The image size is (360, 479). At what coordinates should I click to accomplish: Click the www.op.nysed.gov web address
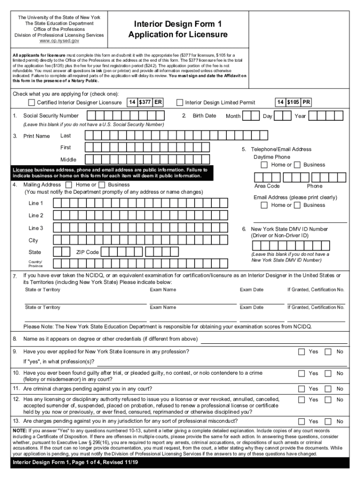59,41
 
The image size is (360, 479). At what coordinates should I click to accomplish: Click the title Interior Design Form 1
178,24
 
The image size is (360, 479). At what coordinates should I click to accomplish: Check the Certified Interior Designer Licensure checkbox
31,102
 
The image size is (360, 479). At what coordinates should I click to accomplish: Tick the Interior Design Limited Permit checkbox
180,102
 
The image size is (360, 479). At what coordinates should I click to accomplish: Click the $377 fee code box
145,102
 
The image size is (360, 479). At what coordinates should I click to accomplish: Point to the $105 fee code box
293,102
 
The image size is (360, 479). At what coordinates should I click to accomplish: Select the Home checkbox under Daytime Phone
265,165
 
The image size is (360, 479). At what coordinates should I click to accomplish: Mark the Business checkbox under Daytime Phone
297,165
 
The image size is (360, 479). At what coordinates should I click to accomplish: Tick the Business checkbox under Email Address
297,205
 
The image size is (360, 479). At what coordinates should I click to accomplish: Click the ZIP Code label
87,252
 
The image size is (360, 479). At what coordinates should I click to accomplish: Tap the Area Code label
267,186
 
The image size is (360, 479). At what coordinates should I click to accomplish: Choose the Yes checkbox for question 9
302,351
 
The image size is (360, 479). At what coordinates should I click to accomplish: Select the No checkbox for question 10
328,373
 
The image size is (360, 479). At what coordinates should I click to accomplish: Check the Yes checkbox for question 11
302,389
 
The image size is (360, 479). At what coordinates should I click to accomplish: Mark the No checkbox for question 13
328,421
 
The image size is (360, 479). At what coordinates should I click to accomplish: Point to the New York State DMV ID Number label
289,229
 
